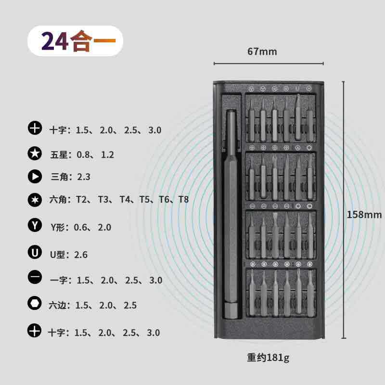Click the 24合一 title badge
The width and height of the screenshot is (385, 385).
(75, 41)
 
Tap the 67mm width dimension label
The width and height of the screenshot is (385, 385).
(262, 51)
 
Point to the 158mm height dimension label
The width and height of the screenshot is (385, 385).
(364, 215)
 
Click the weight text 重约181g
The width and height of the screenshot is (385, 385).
(269, 358)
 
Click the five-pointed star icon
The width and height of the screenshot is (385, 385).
(35, 154)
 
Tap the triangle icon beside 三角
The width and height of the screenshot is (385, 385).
(35, 177)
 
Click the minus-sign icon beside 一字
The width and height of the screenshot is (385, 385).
(35, 278)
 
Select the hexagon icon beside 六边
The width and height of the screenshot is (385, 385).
(35, 304)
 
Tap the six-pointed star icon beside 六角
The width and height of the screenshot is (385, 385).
(35, 199)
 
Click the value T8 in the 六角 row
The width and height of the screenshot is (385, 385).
(183, 199)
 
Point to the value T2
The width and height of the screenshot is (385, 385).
(82, 199)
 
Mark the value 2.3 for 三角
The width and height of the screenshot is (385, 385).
(84, 177)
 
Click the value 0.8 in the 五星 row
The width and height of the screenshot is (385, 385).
(84, 154)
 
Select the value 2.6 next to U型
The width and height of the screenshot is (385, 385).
(81, 255)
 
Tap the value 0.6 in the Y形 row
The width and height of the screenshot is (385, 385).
(81, 227)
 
